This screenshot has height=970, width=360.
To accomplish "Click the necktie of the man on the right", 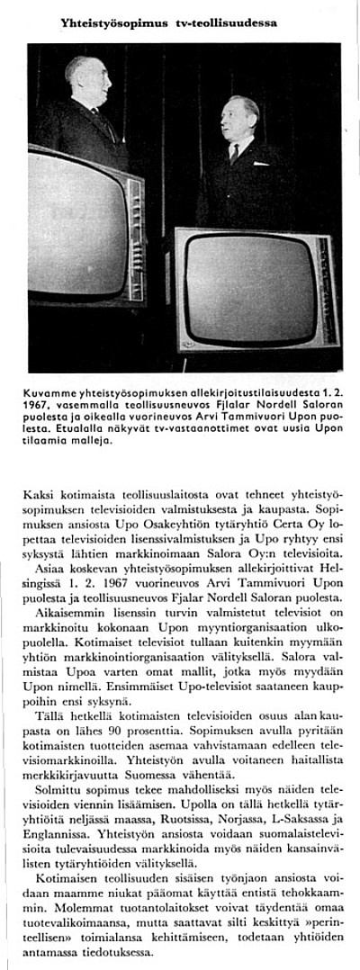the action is pos(234,153).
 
